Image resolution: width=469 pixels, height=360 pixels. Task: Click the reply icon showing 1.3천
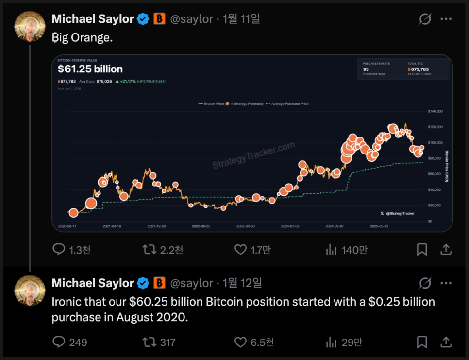(59, 250)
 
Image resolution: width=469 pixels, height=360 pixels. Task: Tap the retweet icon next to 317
(149, 343)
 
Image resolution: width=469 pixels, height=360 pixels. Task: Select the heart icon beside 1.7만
(241, 250)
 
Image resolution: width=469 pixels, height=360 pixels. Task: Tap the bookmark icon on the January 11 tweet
(422, 250)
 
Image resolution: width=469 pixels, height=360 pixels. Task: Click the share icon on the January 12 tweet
(446, 343)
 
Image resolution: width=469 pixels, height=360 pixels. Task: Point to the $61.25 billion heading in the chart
(90, 69)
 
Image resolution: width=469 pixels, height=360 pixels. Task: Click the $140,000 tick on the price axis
(435, 111)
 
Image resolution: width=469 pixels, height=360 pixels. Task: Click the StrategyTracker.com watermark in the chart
(253, 155)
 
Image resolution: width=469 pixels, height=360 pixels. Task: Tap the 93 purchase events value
(366, 69)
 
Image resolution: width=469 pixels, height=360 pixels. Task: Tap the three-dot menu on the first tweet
(446, 19)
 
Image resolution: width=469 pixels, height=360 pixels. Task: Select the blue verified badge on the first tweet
(143, 19)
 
